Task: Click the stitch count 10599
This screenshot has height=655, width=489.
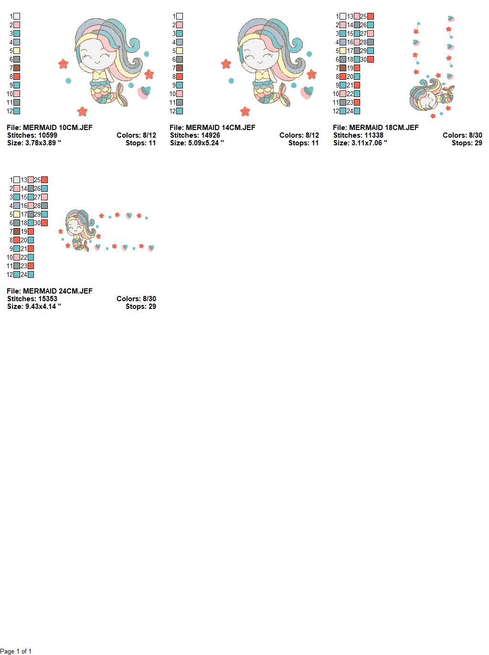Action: point(48,135)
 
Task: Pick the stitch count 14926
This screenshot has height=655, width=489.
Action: point(211,135)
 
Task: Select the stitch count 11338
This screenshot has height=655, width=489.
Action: point(374,135)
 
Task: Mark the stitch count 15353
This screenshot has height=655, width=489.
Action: point(48,299)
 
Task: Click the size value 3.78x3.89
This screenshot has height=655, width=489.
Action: point(43,143)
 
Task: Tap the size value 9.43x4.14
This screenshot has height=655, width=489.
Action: point(43,306)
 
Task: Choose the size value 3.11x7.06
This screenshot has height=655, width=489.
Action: point(369,143)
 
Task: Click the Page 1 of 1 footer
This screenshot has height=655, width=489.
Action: point(16,651)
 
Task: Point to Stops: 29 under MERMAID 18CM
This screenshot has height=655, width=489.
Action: point(467,143)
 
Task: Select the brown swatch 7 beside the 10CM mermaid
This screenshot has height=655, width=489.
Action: point(17,68)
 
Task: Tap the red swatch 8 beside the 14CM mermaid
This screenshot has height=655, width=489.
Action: point(180,76)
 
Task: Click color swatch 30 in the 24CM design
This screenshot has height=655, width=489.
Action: point(44,223)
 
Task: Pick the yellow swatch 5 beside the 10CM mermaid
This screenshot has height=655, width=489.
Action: point(17,51)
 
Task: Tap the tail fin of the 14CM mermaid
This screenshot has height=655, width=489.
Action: point(284,98)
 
